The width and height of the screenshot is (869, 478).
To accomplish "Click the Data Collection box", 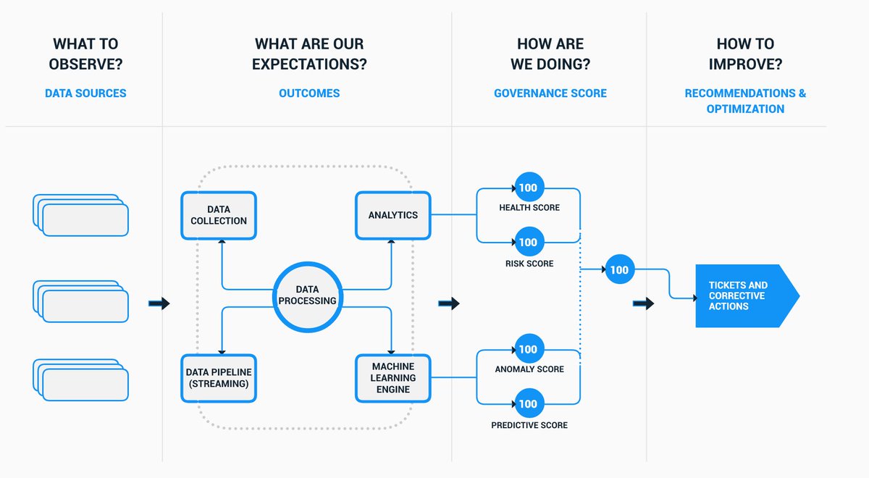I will click(x=219, y=215).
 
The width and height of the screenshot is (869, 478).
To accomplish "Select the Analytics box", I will click(x=392, y=215).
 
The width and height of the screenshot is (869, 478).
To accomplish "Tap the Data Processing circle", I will click(x=306, y=295).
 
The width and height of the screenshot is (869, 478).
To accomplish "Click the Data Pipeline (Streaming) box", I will click(x=219, y=378).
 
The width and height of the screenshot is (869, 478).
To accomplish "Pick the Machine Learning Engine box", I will click(x=392, y=378).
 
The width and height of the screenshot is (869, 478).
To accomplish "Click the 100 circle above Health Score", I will click(x=529, y=188).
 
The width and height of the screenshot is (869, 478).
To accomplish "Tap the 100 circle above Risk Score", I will click(x=529, y=242).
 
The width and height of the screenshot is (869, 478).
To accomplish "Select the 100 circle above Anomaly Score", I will click(x=529, y=349).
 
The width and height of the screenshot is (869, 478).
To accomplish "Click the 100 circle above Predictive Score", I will click(x=529, y=403).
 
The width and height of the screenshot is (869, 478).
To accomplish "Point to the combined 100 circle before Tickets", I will click(x=619, y=270).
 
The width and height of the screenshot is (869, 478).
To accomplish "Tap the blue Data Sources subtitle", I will click(x=85, y=93).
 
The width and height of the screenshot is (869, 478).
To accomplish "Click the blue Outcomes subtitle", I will click(x=309, y=93).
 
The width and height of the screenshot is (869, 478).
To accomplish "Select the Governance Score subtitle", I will click(x=550, y=93).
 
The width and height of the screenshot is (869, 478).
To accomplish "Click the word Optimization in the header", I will click(x=745, y=109).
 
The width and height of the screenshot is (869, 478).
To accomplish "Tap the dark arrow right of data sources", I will click(x=159, y=303).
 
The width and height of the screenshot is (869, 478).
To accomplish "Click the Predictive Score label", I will click(x=529, y=425).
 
